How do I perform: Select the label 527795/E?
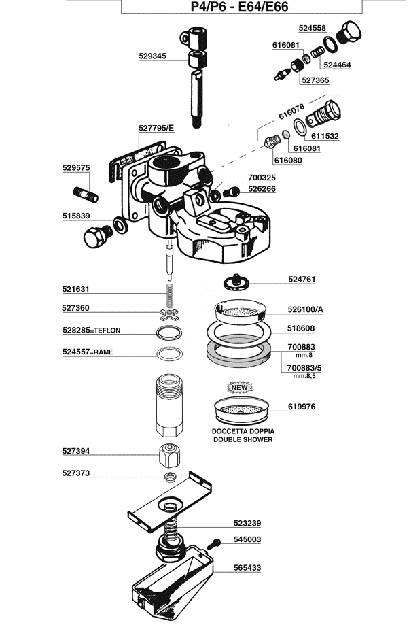156,127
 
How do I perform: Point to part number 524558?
313,28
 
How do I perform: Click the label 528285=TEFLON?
91,330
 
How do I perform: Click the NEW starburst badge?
241,389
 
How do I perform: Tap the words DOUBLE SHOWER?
243,439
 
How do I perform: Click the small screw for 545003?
216,542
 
